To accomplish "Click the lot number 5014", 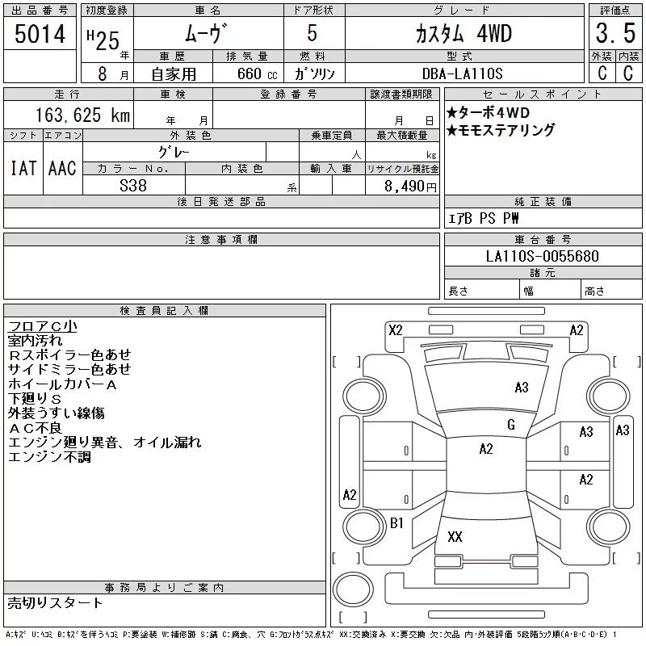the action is tap(40, 34).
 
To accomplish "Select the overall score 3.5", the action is tap(615, 33).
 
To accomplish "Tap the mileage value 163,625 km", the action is tap(83, 115).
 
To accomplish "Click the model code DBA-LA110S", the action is tap(462, 73).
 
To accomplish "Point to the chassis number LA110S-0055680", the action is tap(542, 256).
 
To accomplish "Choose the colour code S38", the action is tap(133, 186).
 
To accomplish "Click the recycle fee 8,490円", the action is tap(410, 187).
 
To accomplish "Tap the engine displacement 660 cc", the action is tap(258, 73).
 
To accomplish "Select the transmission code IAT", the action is tap(23, 168).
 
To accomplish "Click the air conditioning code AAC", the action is tap(62, 168).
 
